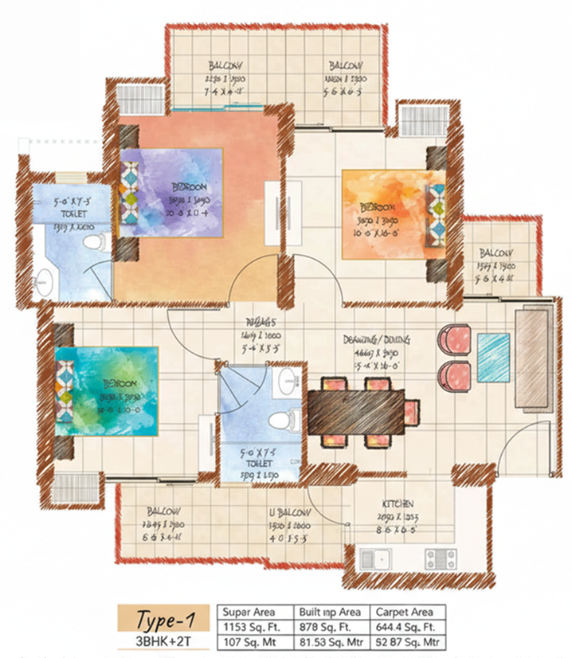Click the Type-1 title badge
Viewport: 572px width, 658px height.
click(165, 617)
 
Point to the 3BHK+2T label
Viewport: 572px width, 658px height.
click(165, 641)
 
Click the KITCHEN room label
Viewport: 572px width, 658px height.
click(398, 504)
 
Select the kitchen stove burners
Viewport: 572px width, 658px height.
click(440, 558)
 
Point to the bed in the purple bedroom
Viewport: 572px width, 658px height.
click(170, 195)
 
